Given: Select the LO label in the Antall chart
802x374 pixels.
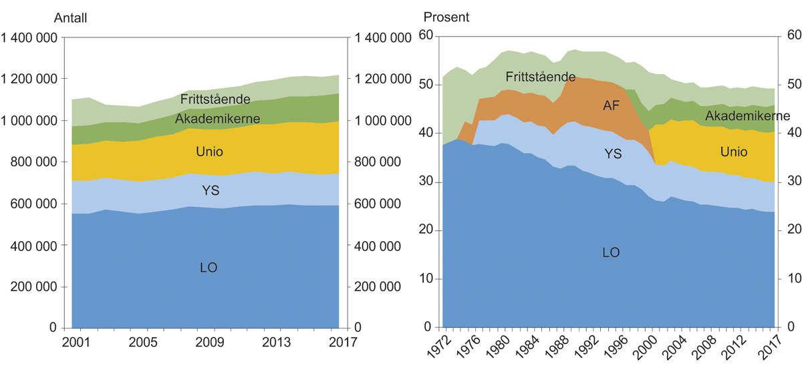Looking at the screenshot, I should [x=209, y=268].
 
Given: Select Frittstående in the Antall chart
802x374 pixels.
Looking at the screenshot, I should [x=206, y=100].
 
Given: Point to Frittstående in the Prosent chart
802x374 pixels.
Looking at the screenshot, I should [x=540, y=76].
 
